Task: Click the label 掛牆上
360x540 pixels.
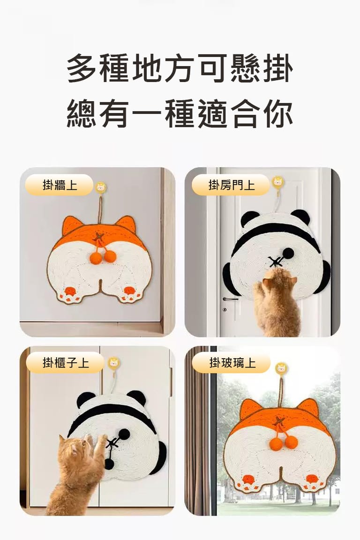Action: click(59, 185)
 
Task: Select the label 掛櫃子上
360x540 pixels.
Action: click(65, 363)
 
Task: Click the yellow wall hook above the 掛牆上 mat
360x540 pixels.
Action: click(101, 188)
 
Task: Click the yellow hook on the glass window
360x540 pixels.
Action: click(282, 368)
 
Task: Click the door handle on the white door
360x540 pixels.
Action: click(230, 299)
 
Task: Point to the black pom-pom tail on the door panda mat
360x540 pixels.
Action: click(288, 254)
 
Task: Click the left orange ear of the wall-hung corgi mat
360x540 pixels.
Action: click(72, 225)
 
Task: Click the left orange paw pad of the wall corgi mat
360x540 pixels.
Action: click(70, 291)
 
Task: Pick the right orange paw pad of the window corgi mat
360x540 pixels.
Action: click(312, 479)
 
